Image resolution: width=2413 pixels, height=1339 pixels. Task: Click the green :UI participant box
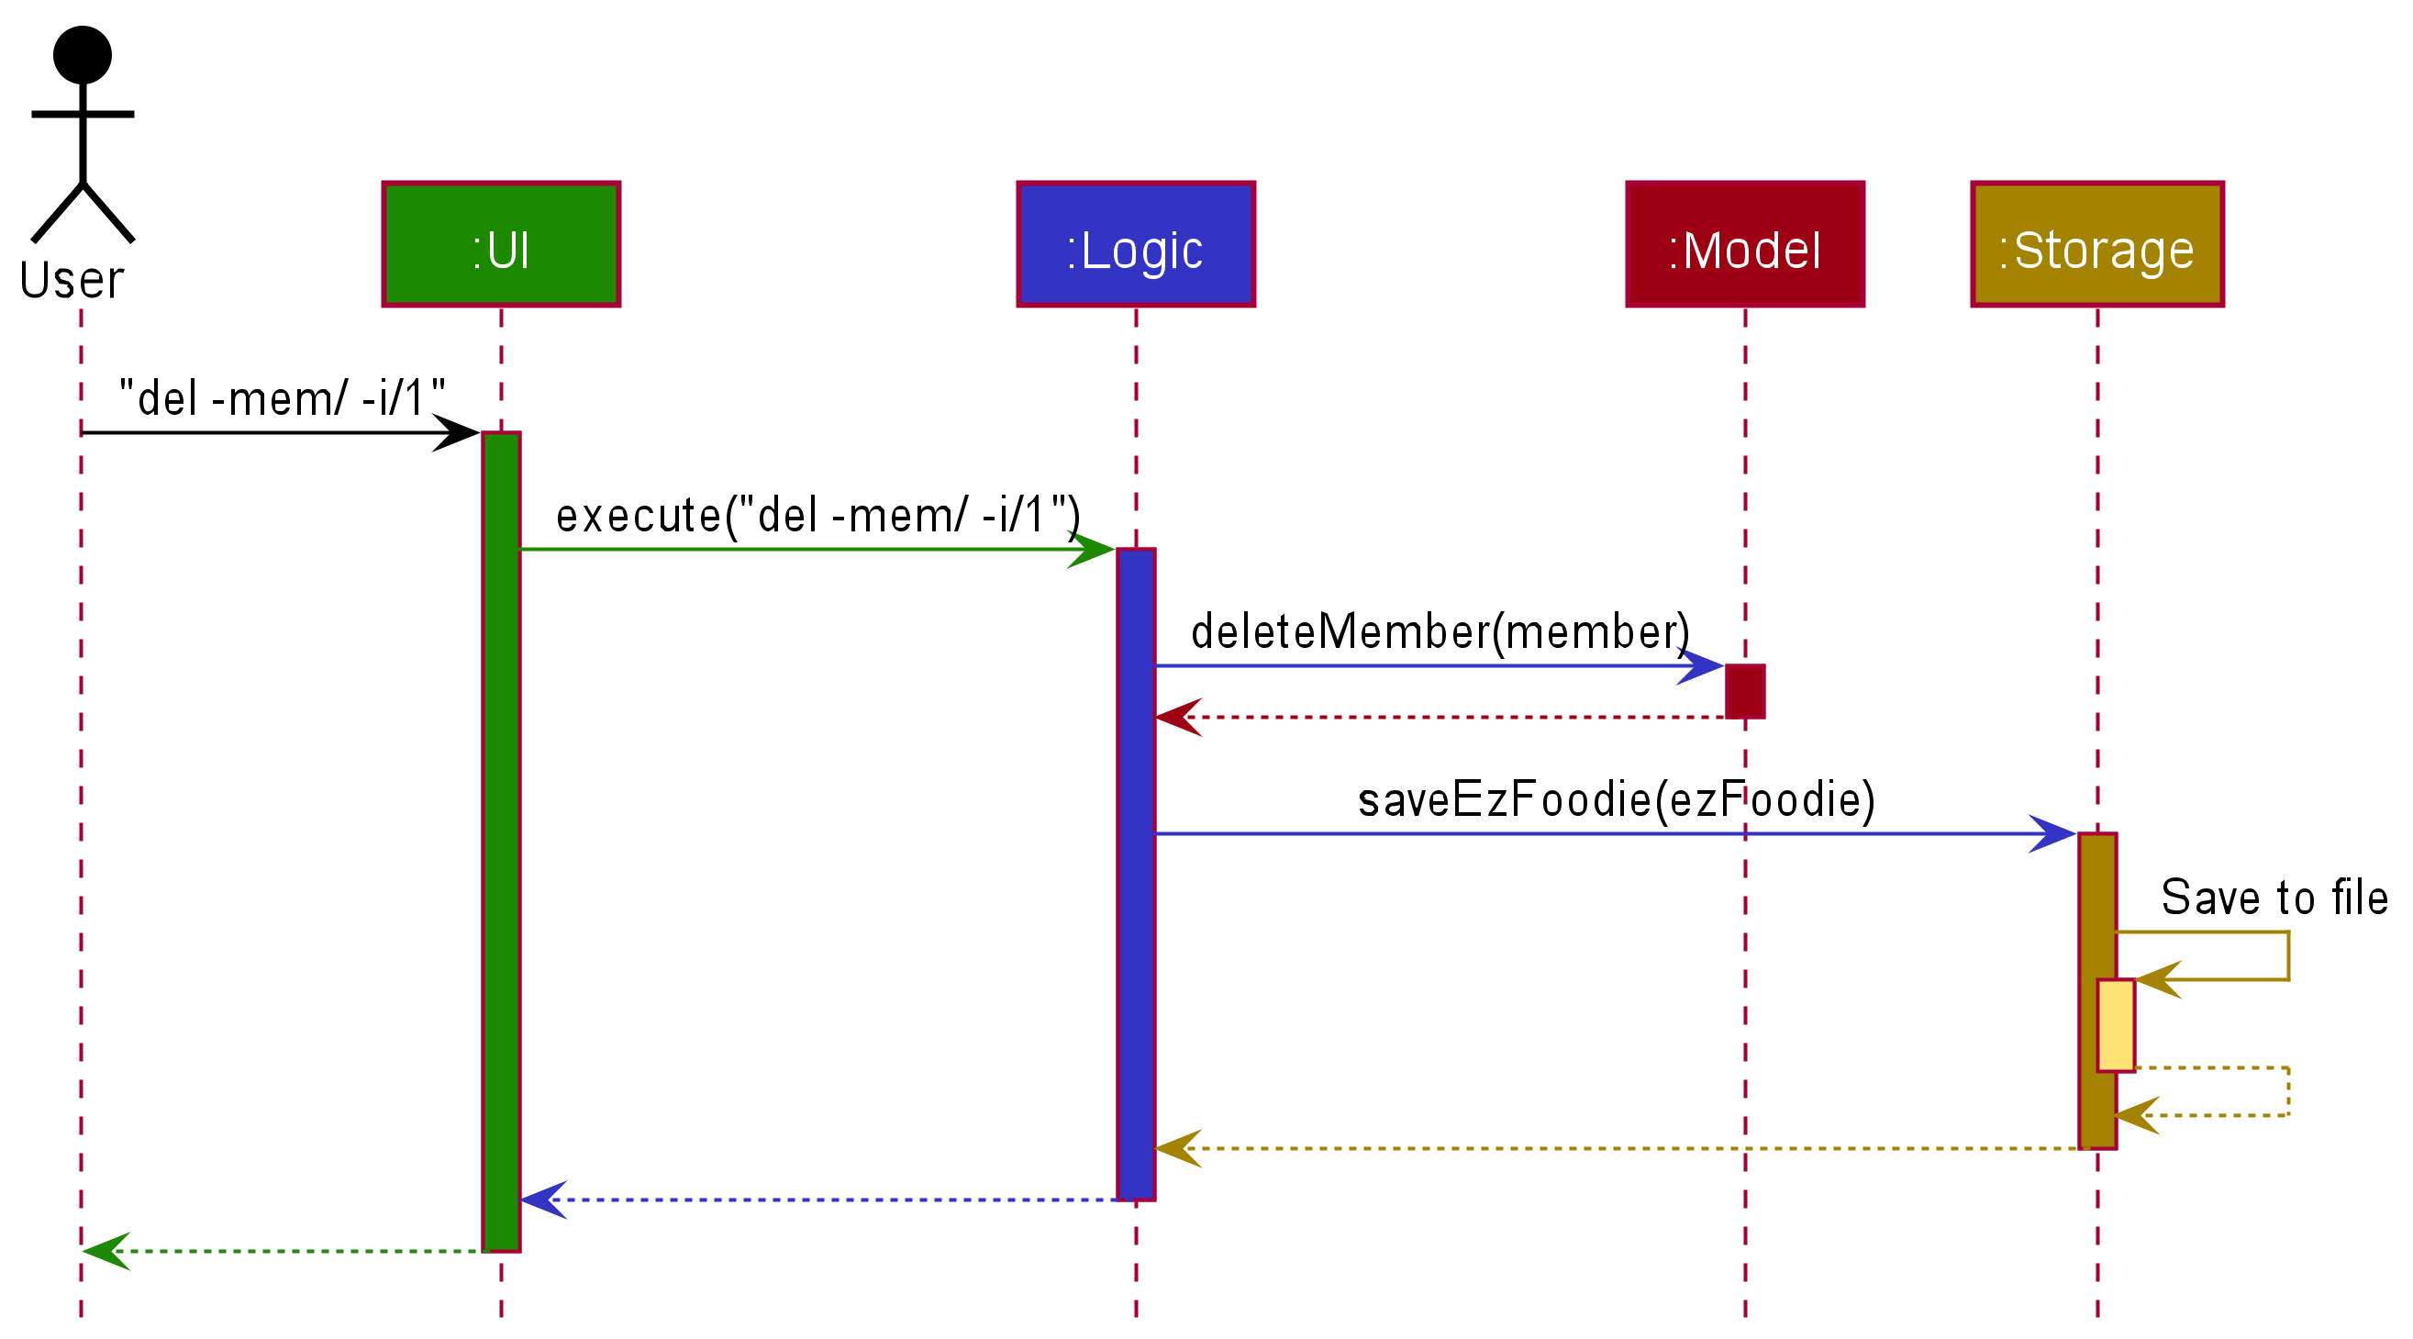tap(501, 244)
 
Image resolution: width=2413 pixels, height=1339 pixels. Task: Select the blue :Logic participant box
tap(1135, 244)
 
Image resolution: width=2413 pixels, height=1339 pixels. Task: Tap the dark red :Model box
tap(1744, 244)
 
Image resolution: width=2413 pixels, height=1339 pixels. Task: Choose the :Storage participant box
tap(2096, 244)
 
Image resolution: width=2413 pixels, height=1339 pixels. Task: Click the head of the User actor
tap(83, 54)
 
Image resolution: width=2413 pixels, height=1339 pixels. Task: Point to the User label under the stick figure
tap(72, 280)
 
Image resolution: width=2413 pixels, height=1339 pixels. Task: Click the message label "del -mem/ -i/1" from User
tap(281, 398)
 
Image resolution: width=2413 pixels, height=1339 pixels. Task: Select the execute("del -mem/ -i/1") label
tap(817, 516)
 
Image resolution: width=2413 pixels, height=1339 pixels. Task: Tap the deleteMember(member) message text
tap(1440, 631)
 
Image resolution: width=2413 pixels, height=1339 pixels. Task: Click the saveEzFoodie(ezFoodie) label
tap(1616, 799)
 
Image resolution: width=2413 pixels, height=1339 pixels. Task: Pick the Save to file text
tap(2274, 898)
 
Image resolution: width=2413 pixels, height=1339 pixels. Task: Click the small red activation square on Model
tap(1744, 691)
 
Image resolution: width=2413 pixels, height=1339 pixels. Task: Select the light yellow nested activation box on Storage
tap(2115, 1025)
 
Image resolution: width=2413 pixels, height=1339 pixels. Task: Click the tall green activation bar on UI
tap(501, 843)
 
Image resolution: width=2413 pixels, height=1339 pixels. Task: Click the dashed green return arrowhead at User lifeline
tap(103, 1251)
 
